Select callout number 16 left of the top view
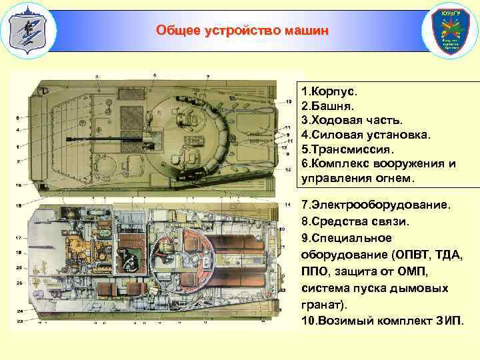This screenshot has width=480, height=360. (x=19, y=184)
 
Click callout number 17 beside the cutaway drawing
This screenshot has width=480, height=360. (x=19, y=237)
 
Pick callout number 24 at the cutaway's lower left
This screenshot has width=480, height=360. (x=19, y=311)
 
